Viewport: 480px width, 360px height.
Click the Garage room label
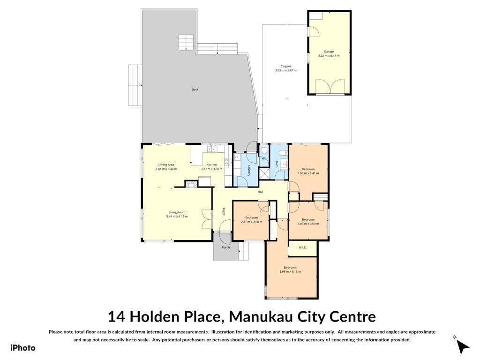(329, 52)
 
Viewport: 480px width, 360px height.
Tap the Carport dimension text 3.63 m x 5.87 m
(285, 70)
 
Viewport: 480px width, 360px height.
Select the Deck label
(195, 90)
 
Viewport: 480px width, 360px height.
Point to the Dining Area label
(166, 165)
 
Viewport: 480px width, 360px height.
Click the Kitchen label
(211, 165)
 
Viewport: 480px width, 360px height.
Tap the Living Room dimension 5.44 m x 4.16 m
(177, 217)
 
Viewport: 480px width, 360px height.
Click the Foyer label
(224, 212)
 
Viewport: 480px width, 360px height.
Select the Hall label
(260, 192)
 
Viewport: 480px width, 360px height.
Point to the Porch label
(225, 247)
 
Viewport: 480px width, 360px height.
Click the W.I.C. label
(302, 247)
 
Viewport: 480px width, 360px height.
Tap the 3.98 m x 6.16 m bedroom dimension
(290, 271)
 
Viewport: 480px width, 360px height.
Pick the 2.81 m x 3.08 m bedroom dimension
(252, 222)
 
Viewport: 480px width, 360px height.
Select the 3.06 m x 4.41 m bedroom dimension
(308, 173)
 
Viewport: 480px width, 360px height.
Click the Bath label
(277, 165)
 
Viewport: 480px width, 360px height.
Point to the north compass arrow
(464, 347)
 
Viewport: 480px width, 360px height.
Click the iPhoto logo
(23, 348)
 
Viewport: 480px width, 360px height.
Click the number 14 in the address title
(116, 317)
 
